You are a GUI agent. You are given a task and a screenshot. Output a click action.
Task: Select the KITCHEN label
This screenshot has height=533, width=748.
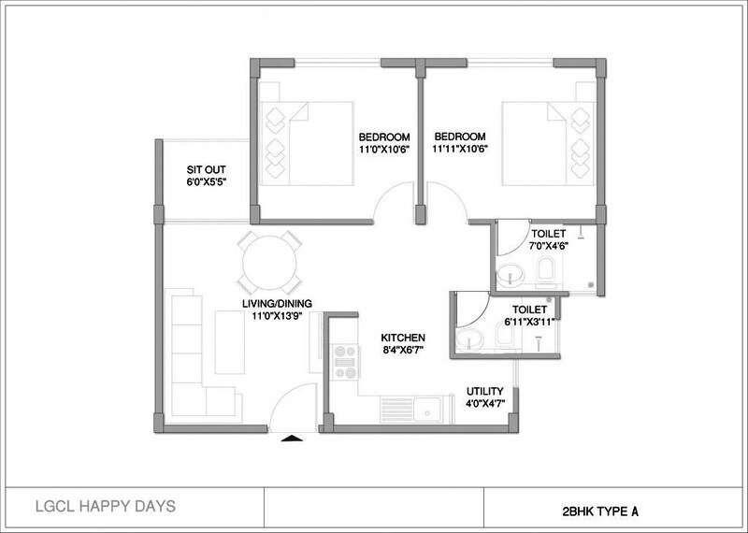point(403,337)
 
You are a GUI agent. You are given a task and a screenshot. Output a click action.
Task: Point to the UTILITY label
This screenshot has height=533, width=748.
point(485,391)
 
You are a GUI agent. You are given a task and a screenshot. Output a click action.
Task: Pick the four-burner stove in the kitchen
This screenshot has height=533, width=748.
point(342,361)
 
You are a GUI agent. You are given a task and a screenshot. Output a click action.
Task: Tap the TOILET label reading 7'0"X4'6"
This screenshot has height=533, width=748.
point(550,239)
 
